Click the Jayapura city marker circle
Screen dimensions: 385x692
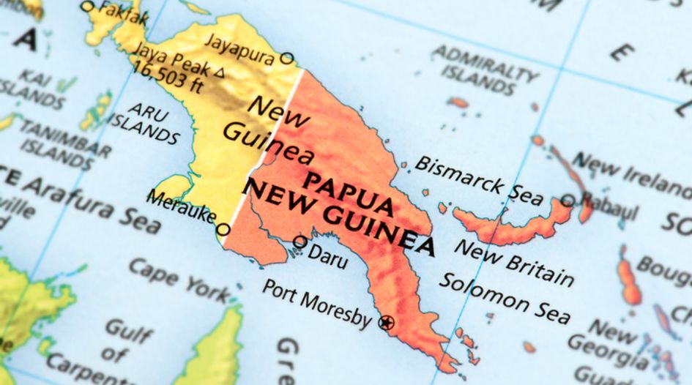pyautogui.click(x=287, y=58)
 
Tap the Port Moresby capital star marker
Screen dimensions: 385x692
pyautogui.click(x=386, y=322)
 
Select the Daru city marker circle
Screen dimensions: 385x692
pyautogui.click(x=300, y=242)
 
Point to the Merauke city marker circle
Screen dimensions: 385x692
pyautogui.click(x=223, y=230)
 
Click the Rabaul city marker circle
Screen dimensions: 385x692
pyautogui.click(x=568, y=199)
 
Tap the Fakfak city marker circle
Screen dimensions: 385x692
pyautogui.click(x=88, y=7)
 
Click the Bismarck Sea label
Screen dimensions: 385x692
pyautogui.click(x=479, y=180)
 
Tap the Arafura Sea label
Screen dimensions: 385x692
pyautogui.click(x=88, y=201)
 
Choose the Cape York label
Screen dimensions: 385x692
pyautogui.click(x=179, y=279)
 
